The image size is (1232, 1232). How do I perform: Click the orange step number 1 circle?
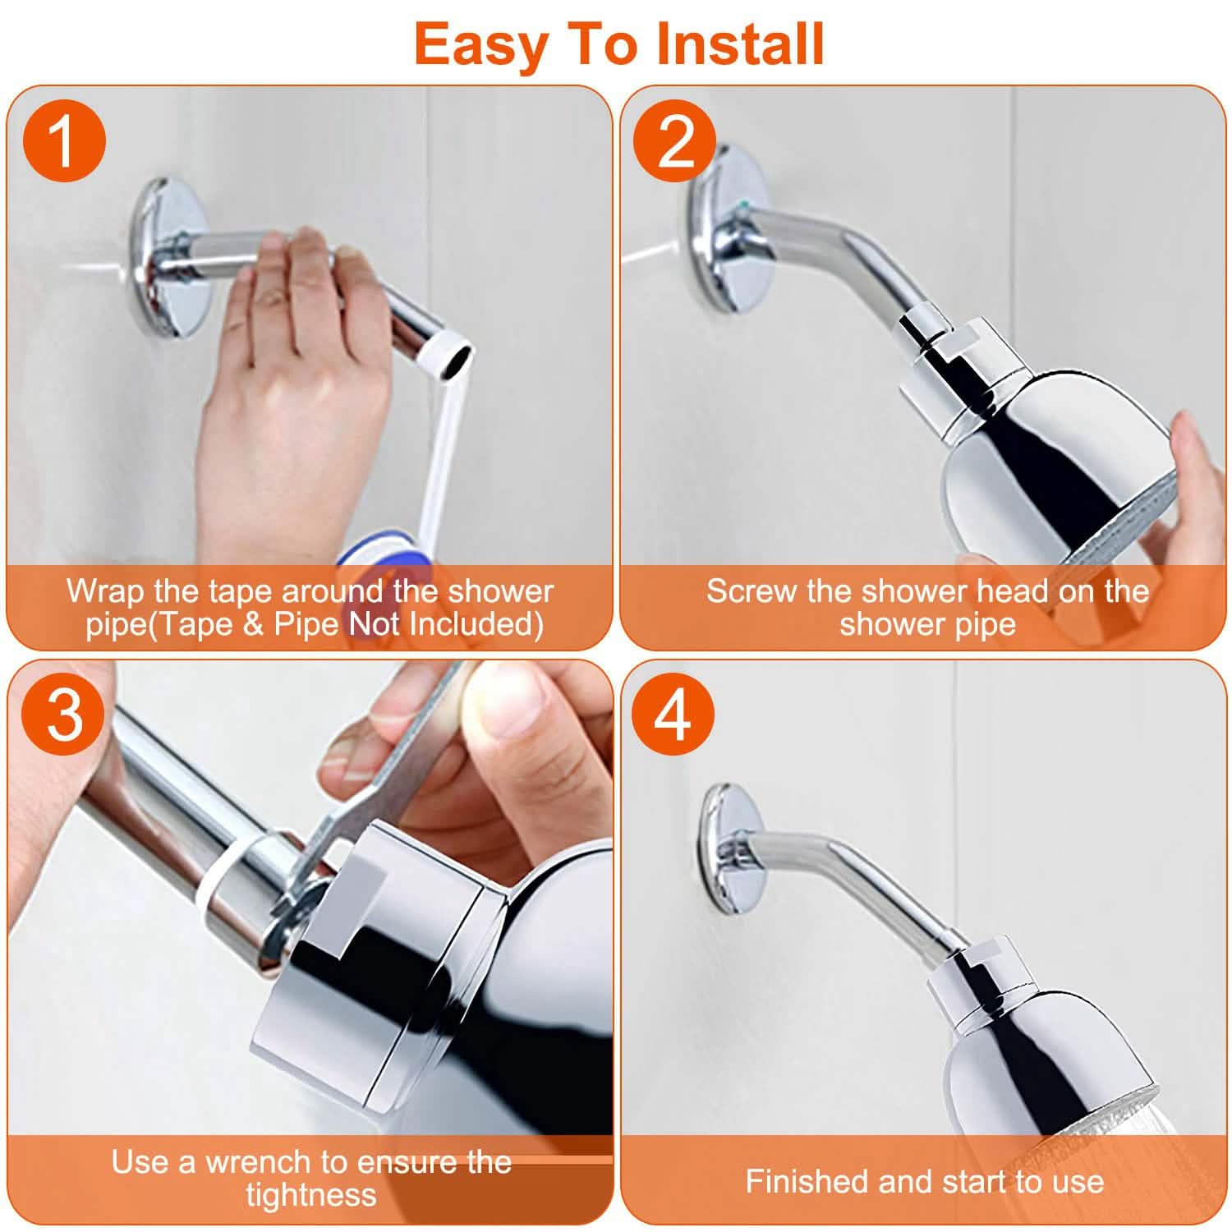[x=64, y=140]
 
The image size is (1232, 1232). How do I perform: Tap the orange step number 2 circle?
[x=675, y=140]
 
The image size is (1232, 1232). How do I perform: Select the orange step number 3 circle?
[x=64, y=714]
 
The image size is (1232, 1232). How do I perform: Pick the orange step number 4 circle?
[x=673, y=714]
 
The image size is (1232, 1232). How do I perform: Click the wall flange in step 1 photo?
[x=171, y=257]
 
